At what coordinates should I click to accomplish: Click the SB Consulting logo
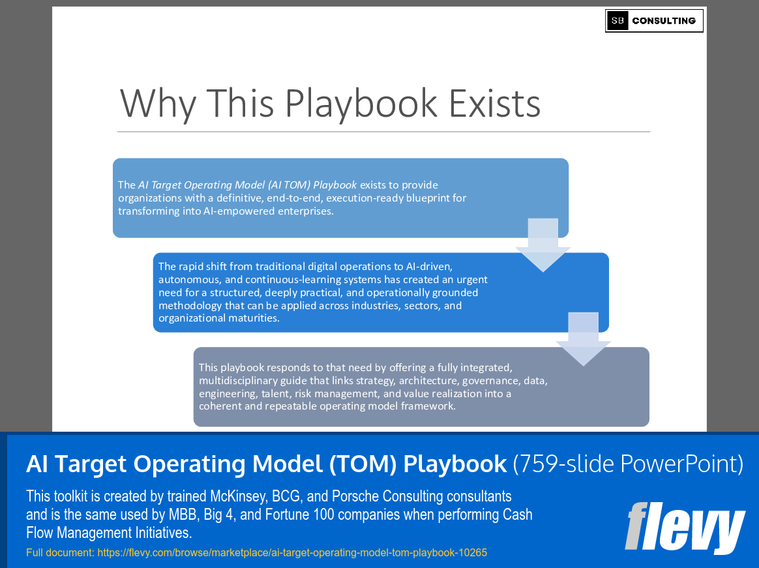pos(654,21)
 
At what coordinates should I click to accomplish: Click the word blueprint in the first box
pos(421,198)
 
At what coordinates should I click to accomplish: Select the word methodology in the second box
pos(186,305)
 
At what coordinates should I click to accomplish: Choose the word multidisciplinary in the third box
pos(240,380)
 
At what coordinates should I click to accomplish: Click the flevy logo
pos(685,527)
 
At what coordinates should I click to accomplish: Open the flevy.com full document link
pos(291,552)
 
